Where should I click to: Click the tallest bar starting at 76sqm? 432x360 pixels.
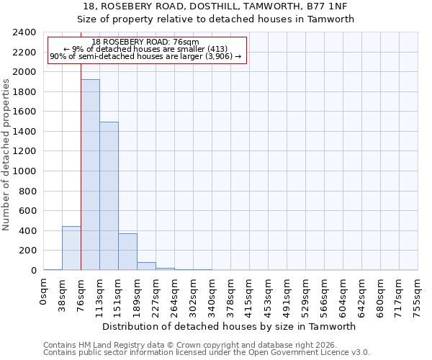[x=90, y=175]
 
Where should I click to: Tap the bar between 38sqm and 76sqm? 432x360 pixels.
[x=71, y=248]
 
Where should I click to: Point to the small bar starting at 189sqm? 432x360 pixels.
[x=146, y=266]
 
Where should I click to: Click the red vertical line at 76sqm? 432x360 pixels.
[x=81, y=180]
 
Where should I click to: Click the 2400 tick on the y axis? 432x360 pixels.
[x=24, y=32]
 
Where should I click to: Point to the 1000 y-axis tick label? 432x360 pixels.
[x=24, y=171]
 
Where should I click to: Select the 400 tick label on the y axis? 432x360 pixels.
[x=27, y=231]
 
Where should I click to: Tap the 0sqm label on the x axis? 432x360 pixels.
[x=44, y=289]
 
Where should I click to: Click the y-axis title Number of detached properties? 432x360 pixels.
[x=6, y=151]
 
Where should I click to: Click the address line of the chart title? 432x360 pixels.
[x=215, y=6]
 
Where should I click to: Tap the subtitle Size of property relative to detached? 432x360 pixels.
[x=215, y=19]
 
